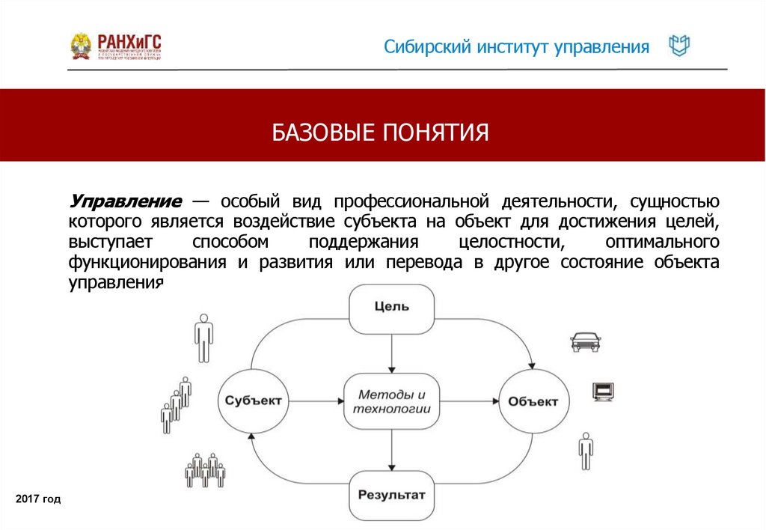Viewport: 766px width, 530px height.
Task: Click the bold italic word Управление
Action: point(126,201)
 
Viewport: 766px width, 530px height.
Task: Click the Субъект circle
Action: point(254,400)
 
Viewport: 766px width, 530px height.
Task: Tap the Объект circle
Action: point(533,401)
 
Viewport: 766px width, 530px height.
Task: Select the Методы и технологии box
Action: point(391,402)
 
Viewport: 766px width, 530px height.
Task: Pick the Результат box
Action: point(391,495)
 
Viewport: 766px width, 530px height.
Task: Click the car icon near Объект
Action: point(585,341)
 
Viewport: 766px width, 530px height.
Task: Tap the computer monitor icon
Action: point(602,392)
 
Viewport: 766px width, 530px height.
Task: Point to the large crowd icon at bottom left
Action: point(204,470)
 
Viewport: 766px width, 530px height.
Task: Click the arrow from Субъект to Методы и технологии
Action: point(316,402)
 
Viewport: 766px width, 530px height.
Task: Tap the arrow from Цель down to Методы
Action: point(391,352)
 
